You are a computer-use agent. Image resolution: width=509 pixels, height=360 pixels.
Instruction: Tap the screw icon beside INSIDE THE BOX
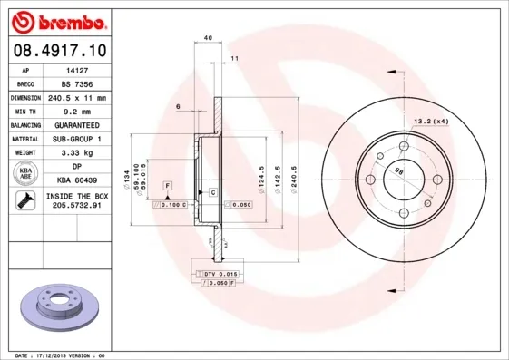point(21,200)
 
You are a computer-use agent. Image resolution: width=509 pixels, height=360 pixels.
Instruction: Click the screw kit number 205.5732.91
point(76,206)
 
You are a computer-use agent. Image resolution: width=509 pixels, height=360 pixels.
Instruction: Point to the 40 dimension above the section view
point(208,38)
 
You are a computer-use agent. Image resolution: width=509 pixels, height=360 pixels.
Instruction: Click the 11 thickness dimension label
point(234,59)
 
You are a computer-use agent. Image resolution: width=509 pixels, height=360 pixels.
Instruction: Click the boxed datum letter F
point(168,185)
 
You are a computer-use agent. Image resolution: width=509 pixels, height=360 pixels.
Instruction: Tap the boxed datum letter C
point(212,193)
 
